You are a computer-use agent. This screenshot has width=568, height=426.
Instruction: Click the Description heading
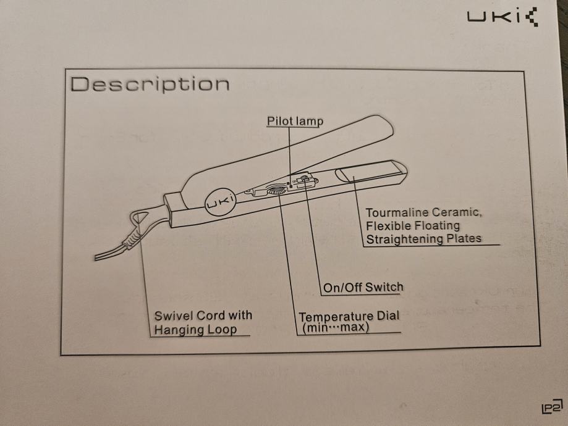point(150,85)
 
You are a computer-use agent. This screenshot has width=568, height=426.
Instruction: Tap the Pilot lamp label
point(295,121)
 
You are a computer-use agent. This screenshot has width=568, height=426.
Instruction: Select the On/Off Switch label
point(363,287)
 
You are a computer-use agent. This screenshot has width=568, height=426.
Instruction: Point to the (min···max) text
point(336,328)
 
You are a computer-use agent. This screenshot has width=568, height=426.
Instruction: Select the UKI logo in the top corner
point(502,17)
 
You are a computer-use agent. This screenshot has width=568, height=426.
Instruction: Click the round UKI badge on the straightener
point(220,204)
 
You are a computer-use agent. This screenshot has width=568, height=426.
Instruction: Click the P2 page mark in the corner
point(553,407)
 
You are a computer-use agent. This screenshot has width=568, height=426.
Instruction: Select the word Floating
point(438,226)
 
